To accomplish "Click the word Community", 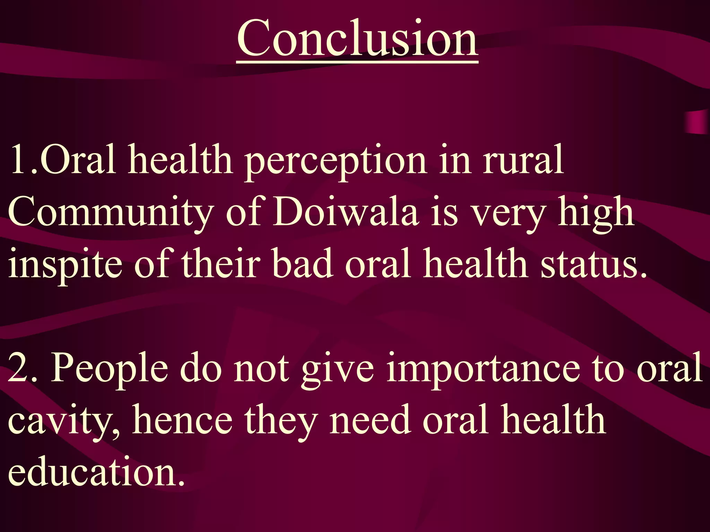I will click(110, 212).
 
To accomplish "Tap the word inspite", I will click(65, 265).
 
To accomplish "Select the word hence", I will click(182, 420).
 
